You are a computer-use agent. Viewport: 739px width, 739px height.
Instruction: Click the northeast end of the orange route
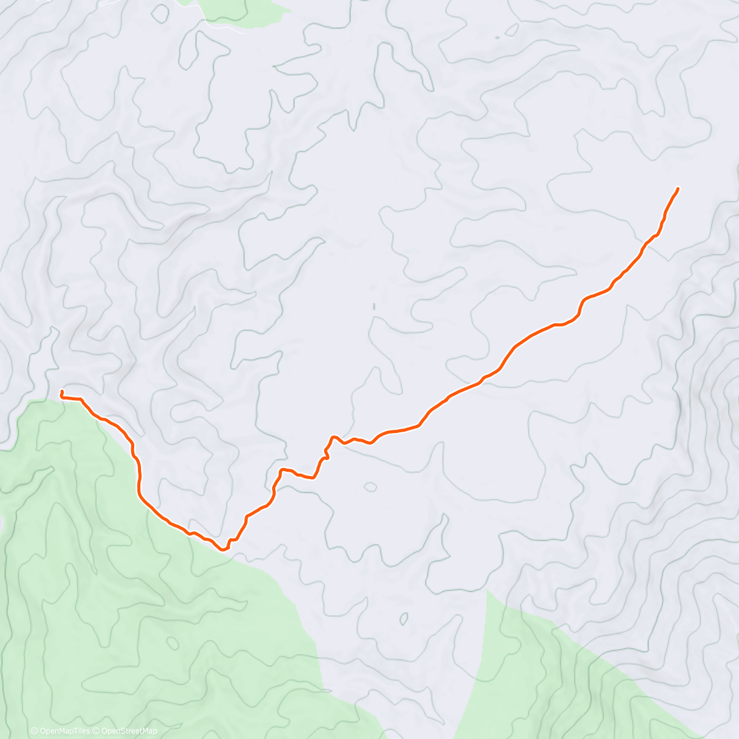(x=678, y=188)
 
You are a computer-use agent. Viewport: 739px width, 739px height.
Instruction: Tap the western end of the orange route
(x=62, y=392)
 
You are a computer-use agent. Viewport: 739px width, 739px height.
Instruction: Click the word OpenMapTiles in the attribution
(x=65, y=731)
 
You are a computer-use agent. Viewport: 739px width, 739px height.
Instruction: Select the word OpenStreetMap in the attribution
(x=129, y=731)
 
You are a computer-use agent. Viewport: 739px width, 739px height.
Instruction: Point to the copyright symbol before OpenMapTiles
(x=34, y=731)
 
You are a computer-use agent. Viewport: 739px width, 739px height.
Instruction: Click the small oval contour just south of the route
(x=370, y=487)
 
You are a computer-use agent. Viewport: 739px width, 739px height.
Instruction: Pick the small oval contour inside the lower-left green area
(x=174, y=644)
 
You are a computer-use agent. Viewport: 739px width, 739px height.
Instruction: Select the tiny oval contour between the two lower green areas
(x=405, y=618)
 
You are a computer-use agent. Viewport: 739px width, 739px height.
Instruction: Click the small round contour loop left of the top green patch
(x=161, y=12)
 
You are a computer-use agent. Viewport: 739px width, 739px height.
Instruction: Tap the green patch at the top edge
(x=243, y=11)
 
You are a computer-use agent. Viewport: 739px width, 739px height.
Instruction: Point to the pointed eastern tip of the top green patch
(x=289, y=11)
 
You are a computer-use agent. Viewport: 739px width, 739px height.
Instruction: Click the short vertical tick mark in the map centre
(x=373, y=306)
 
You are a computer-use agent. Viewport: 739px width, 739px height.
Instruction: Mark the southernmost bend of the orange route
(x=224, y=549)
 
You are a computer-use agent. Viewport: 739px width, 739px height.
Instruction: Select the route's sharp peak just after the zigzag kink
(x=334, y=437)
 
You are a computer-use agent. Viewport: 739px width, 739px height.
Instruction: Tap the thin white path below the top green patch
(x=225, y=28)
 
